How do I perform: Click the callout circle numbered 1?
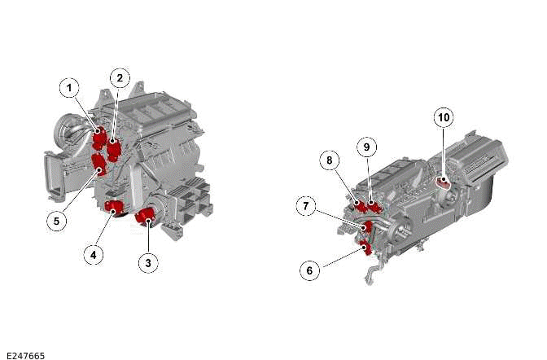tap(69, 88)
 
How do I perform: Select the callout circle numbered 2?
tap(120, 78)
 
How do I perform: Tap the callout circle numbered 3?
tap(148, 262)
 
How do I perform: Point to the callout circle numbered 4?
tap(94, 255)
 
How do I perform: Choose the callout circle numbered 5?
tap(56, 221)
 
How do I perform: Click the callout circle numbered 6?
tap(310, 270)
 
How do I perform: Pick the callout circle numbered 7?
tap(306, 206)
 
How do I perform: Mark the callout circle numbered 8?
tap(330, 160)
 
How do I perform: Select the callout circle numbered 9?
tap(366, 147)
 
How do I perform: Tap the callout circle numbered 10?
tap(444, 117)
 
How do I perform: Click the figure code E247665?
tap(25, 355)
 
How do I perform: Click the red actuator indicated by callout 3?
tap(146, 217)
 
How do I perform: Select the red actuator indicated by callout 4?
tap(114, 208)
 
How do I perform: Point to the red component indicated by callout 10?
tap(443, 181)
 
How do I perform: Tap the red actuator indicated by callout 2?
tap(114, 149)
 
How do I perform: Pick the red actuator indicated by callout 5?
tap(99, 165)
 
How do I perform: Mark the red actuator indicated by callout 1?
tap(99, 138)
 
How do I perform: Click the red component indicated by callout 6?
tap(365, 248)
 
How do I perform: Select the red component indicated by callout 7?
tap(367, 227)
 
